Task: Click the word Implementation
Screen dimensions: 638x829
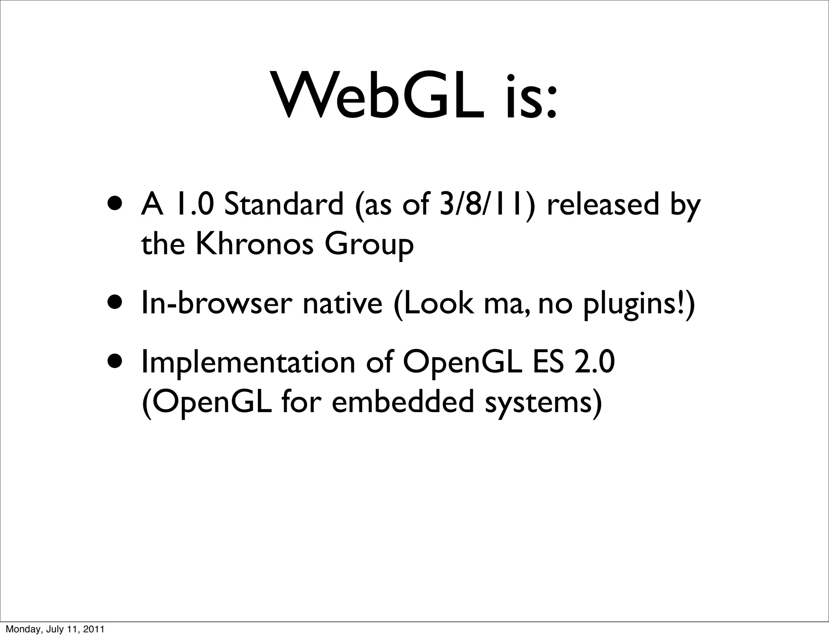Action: pos(248,363)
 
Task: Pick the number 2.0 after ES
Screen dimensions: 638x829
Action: pos(595,362)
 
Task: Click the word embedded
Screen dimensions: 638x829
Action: pos(402,402)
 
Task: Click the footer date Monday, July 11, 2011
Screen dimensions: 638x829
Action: pos(55,629)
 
